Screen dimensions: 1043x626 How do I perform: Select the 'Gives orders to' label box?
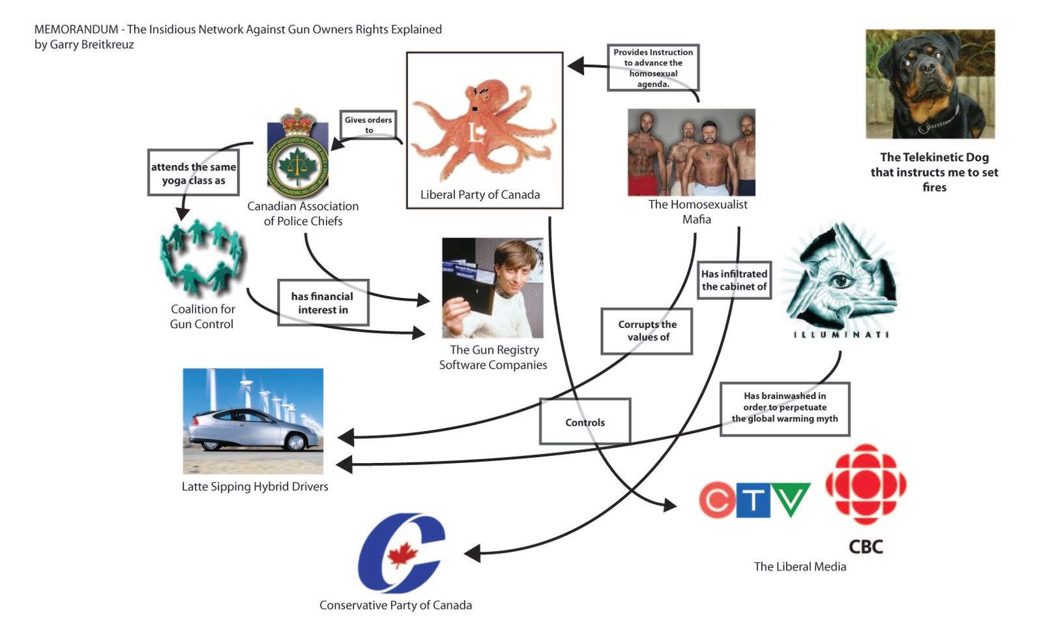[x=368, y=125]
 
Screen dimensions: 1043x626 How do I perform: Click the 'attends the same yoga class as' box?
[x=194, y=173]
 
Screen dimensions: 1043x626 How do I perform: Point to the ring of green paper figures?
[x=202, y=258]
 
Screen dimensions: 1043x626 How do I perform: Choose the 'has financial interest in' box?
[x=323, y=303]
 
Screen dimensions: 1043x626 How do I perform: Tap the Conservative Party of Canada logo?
[x=402, y=552]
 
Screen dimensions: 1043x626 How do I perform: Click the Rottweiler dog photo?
[x=930, y=83]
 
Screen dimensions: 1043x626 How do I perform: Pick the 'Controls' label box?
[x=585, y=422]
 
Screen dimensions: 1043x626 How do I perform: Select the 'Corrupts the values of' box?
[x=647, y=331]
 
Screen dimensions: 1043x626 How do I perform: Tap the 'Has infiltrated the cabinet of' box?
[x=734, y=280]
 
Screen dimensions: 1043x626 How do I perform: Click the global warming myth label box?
[x=784, y=408]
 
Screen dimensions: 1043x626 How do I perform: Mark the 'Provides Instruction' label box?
[x=653, y=67]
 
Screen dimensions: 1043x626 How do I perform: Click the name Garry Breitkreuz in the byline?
[x=92, y=45]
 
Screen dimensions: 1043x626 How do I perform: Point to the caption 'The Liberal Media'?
[x=800, y=567]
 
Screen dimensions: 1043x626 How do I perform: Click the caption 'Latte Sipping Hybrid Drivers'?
[x=255, y=486]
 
